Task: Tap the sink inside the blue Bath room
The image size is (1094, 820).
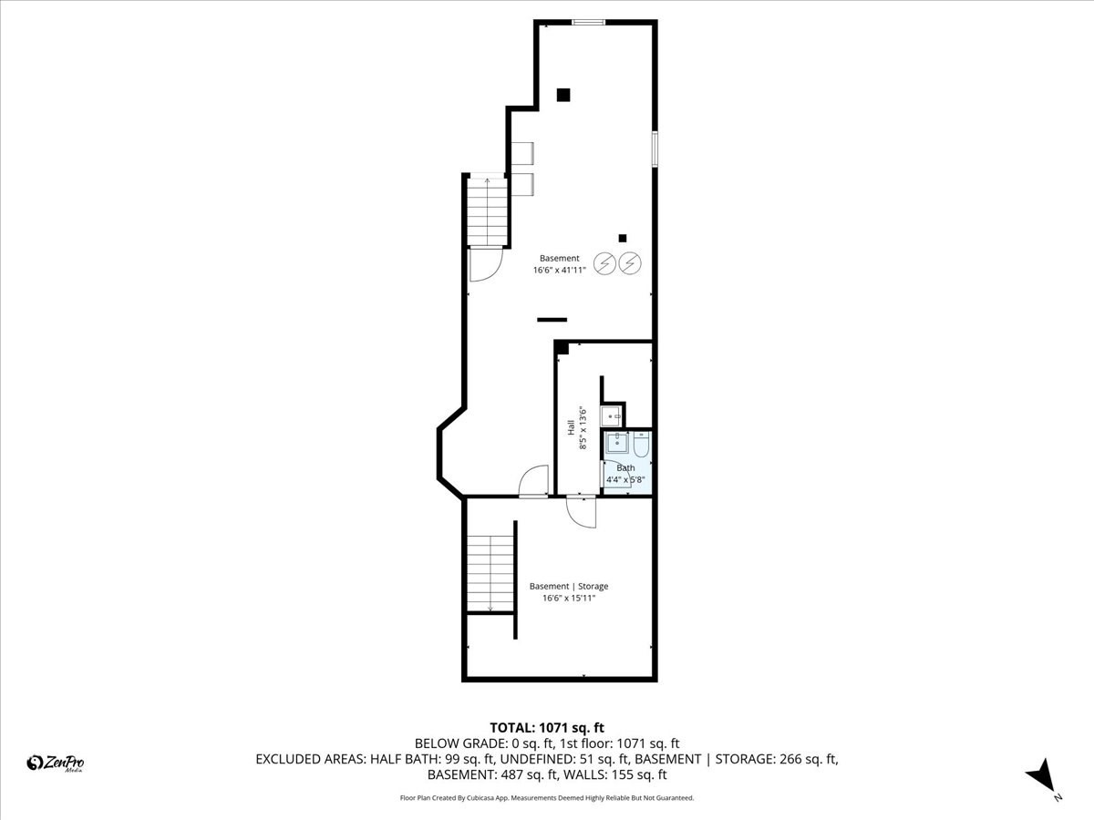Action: click(x=618, y=444)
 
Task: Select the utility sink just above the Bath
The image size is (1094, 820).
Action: click(x=612, y=416)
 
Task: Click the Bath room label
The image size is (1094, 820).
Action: click(x=625, y=468)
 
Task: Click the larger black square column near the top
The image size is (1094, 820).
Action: click(x=563, y=94)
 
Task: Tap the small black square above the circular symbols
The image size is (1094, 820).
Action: click(x=623, y=239)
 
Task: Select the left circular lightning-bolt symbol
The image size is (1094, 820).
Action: click(x=604, y=263)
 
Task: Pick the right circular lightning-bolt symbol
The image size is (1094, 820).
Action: click(x=630, y=263)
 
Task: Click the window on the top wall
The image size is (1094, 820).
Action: click(x=589, y=22)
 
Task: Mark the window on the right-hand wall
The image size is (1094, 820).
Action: click(x=655, y=149)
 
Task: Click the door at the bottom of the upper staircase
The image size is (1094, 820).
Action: click(x=483, y=263)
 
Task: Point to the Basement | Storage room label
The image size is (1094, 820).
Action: click(x=569, y=586)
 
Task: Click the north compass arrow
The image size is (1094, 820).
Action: click(x=1042, y=777)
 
